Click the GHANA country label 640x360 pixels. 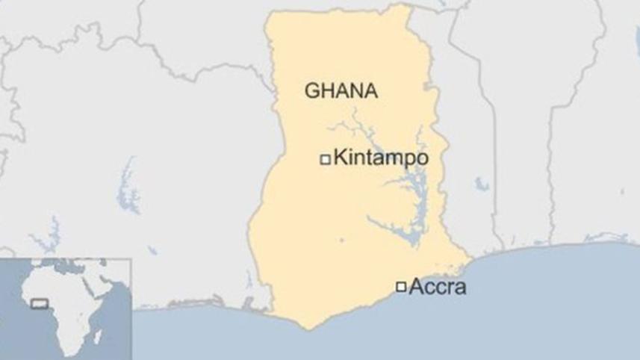(x=341, y=90)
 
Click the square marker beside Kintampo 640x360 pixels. (x=325, y=159)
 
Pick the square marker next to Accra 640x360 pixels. (x=401, y=286)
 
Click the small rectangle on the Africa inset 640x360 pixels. (x=38, y=304)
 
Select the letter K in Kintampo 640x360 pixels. (x=340, y=158)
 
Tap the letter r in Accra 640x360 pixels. (x=450, y=288)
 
